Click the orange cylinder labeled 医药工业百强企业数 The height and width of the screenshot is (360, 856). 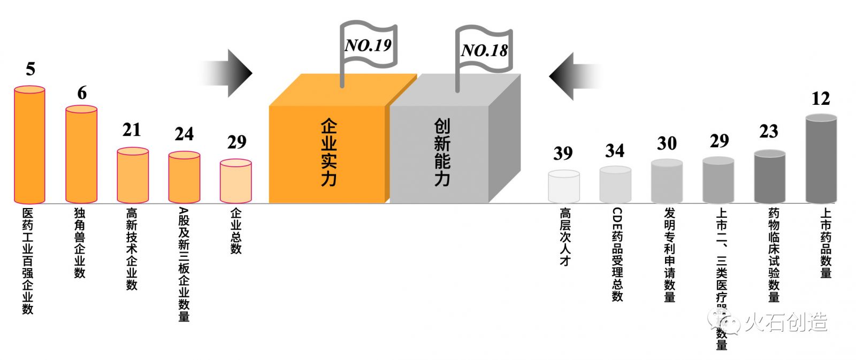pos(29,145)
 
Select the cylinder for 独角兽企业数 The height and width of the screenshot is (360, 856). pos(81,155)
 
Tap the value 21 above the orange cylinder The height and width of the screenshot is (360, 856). pos(132,130)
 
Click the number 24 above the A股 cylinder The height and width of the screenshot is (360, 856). pos(184,134)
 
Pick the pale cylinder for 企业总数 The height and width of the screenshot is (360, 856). pos(235,181)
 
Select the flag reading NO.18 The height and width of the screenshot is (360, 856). pos(484,50)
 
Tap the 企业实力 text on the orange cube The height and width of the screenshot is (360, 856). pos(328,152)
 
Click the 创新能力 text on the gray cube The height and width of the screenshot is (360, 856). pos(442,152)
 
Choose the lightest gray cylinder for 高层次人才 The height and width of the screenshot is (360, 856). pos(564,187)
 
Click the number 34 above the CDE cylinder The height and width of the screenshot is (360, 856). pos(615,151)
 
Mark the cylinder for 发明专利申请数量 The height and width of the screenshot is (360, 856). pos(667,182)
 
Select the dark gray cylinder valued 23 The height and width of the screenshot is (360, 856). pos(769,177)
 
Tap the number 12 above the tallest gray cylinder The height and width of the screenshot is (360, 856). pos(821,98)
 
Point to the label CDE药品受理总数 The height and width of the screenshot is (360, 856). pos(617,254)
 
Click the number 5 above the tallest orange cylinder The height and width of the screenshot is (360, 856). pos(30,69)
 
